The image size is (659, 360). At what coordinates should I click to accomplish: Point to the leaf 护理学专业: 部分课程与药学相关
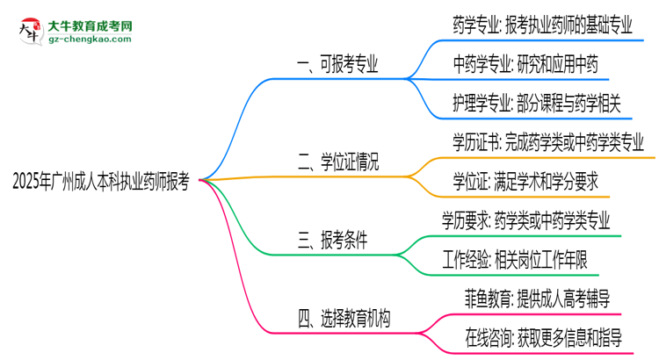point(537,104)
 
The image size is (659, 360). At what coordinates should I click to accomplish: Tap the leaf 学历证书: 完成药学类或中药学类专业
point(548,141)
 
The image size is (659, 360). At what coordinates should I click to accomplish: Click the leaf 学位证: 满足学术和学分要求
point(525,181)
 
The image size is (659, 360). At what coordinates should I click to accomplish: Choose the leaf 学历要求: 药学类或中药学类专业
point(526,220)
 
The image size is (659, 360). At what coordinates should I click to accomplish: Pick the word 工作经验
point(472,258)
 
